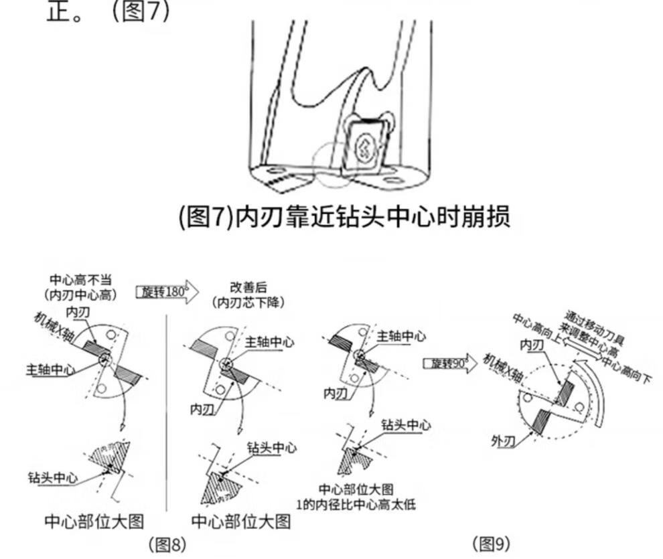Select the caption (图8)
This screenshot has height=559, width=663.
click(167, 544)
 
